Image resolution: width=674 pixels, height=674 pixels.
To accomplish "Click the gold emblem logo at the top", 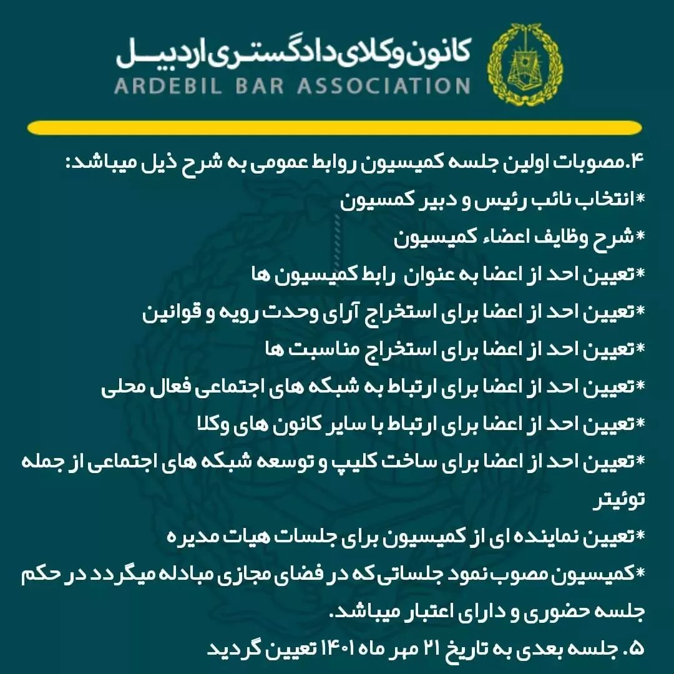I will [x=524, y=65].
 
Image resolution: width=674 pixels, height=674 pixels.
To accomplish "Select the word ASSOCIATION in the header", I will [x=383, y=85].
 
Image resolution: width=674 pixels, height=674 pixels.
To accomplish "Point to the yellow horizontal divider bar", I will [x=335, y=128].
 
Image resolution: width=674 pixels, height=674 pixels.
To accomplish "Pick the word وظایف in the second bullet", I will [x=560, y=238].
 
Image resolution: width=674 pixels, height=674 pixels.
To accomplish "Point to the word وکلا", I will [x=210, y=424].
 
